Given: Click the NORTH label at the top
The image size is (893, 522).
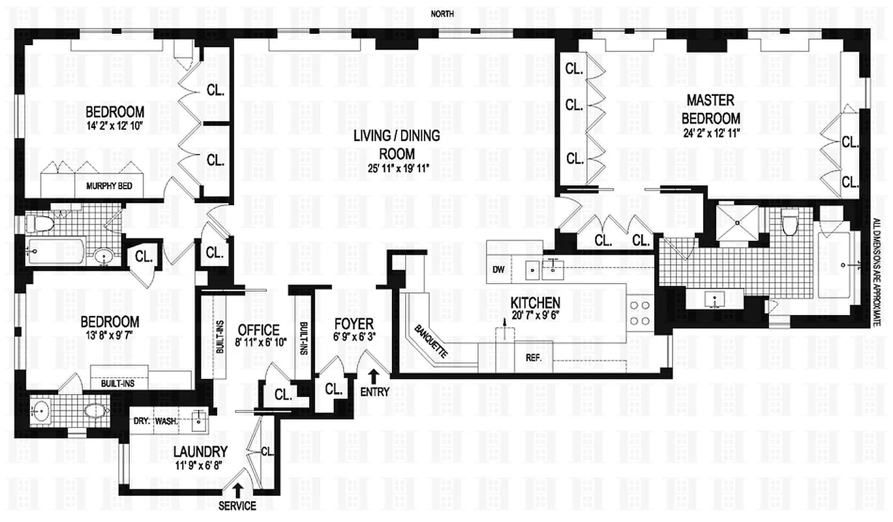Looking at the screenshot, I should [x=442, y=14].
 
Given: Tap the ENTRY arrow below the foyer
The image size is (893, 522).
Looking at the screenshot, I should [x=374, y=376].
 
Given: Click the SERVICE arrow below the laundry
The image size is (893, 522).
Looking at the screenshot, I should [x=237, y=489].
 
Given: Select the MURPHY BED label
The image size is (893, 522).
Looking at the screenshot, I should [x=109, y=186].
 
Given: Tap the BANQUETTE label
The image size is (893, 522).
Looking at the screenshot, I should [x=431, y=340].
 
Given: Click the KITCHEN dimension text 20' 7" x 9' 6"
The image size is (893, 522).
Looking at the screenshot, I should [x=536, y=316].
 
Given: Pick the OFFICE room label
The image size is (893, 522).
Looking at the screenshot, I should [x=258, y=331].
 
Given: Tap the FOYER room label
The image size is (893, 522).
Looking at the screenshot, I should [x=354, y=324].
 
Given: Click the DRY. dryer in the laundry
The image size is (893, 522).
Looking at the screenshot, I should [x=142, y=422].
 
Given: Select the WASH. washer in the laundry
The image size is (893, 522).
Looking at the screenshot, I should [x=167, y=422].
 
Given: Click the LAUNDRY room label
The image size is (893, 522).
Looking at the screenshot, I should [x=201, y=452].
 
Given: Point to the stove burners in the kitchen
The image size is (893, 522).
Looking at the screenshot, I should [x=640, y=313].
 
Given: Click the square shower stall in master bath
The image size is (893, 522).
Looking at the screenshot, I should [x=738, y=223].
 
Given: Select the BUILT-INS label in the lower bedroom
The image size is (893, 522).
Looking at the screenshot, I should [x=118, y=384].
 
